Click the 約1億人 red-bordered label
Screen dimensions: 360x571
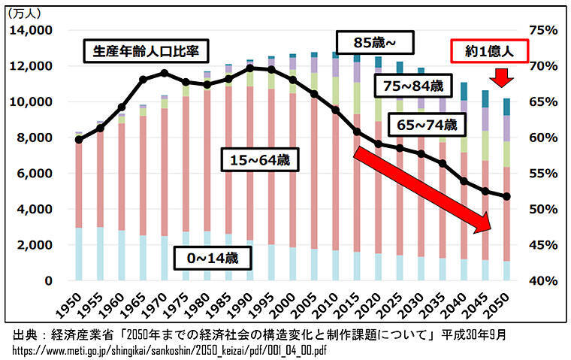pyautogui.click(x=489, y=51)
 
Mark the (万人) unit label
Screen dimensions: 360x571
pyautogui.click(x=25, y=12)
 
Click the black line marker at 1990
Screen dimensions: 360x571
pyautogui.click(x=250, y=68)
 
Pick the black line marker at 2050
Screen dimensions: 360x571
pyautogui.click(x=507, y=197)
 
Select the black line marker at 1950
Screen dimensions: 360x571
pyautogui.click(x=79, y=139)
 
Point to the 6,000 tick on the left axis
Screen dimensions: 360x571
pyautogui.click(x=32, y=173)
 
